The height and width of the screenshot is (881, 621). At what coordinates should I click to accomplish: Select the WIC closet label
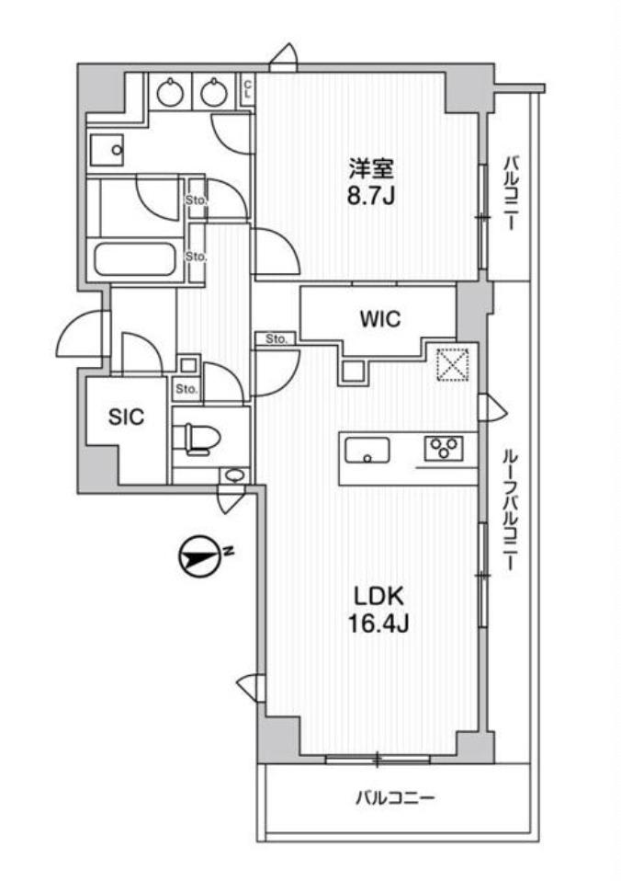point(380,319)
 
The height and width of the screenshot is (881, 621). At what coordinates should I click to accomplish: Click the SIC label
point(127,417)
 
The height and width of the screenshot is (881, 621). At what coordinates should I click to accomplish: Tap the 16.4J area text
point(379,624)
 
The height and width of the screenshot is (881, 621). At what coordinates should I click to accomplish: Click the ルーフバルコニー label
point(510,509)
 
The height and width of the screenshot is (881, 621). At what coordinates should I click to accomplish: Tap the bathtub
point(135,259)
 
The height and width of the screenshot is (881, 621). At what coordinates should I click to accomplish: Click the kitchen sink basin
point(367,451)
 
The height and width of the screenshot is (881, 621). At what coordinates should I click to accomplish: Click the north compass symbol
point(198,558)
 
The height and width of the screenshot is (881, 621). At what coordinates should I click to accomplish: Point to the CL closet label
point(248,89)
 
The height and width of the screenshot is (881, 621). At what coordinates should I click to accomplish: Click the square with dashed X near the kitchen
point(453,364)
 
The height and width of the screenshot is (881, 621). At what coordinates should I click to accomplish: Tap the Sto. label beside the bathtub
point(197,257)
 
